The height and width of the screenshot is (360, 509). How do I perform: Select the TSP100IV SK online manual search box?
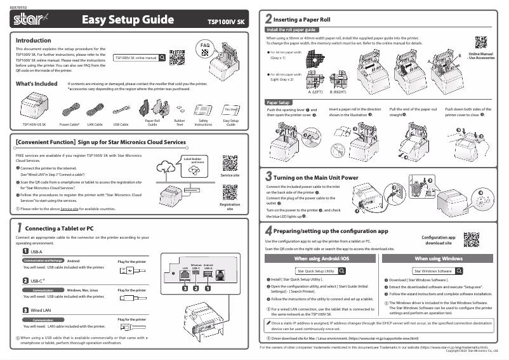[140, 58]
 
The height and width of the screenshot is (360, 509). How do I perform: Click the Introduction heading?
[32, 40]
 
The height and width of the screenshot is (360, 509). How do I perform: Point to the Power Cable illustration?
[69, 109]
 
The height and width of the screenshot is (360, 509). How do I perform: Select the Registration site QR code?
[229, 192]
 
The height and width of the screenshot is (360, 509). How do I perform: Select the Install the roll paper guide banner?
[291, 30]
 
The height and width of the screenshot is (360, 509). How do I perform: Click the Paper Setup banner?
[279, 102]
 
